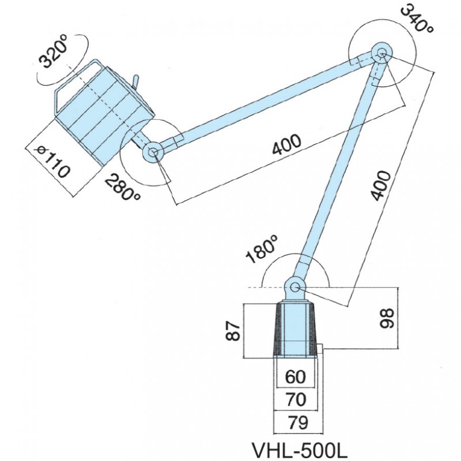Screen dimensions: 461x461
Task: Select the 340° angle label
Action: click(x=415, y=19)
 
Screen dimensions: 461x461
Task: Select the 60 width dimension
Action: click(x=295, y=377)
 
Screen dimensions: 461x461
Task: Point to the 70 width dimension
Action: click(x=295, y=399)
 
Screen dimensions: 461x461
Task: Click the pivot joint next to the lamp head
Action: click(x=153, y=153)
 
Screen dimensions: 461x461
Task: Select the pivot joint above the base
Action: click(x=295, y=286)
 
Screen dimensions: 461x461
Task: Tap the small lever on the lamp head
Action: click(x=136, y=81)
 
